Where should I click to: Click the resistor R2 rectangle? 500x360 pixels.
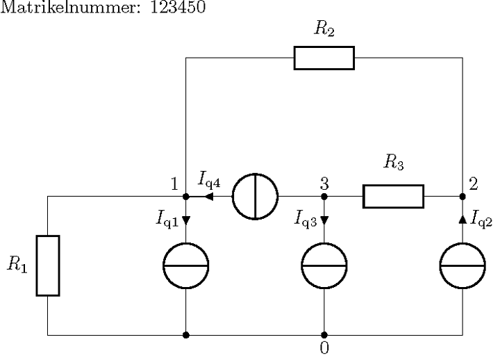pyautogui.click(x=324, y=58)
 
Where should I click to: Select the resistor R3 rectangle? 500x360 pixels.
pyautogui.click(x=393, y=196)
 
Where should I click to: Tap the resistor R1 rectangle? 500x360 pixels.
pyautogui.click(x=48, y=265)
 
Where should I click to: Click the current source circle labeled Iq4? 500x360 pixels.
pyautogui.click(x=255, y=196)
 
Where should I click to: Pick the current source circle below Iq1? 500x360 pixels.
pyautogui.click(x=185, y=265)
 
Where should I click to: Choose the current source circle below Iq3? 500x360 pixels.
pyautogui.click(x=324, y=265)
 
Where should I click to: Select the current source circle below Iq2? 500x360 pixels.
pyautogui.click(x=463, y=265)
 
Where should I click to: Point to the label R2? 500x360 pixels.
pyautogui.click(x=324, y=28)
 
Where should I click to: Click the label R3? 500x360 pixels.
pyautogui.click(x=393, y=164)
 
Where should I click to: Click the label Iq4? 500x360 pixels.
pyautogui.click(x=210, y=180)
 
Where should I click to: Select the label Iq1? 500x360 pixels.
pyautogui.click(x=167, y=220)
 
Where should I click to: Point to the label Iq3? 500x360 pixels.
pyautogui.click(x=306, y=220)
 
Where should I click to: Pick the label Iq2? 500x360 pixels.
pyautogui.click(x=483, y=220)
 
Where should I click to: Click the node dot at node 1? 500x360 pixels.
pyautogui.click(x=185, y=196)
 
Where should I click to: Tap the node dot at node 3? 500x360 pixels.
pyautogui.click(x=324, y=196)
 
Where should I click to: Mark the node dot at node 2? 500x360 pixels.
pyautogui.click(x=463, y=196)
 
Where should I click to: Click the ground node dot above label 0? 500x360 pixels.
pyautogui.click(x=324, y=335)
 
